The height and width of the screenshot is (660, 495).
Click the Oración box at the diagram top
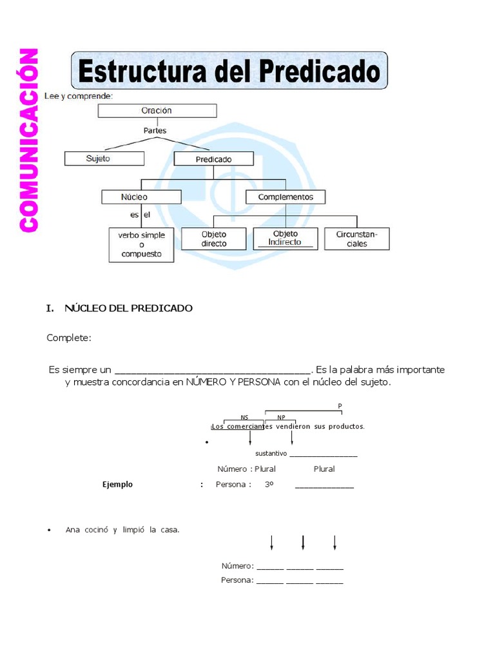click(157, 110)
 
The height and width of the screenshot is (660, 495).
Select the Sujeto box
click(104, 158)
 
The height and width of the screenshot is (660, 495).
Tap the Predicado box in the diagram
click(213, 159)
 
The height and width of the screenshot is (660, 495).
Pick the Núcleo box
click(134, 197)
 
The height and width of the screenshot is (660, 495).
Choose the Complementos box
click(286, 197)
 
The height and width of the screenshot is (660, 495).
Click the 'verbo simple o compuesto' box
click(141, 245)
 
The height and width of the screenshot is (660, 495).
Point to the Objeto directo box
click(214, 239)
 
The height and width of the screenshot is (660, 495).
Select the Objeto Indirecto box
click(285, 238)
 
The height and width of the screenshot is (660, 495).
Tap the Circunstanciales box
click(356, 239)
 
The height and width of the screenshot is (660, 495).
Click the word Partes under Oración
click(155, 130)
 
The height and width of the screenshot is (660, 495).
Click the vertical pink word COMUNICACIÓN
click(29, 140)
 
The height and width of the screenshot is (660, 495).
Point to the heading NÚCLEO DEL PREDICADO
click(128, 308)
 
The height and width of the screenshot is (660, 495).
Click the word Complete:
click(69, 337)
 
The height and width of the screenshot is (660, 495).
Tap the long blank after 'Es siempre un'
click(213, 371)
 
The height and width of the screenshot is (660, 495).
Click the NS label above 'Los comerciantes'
click(244, 417)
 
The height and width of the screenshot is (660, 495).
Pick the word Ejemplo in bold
click(118, 485)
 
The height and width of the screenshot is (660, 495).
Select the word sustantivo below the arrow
click(271, 454)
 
